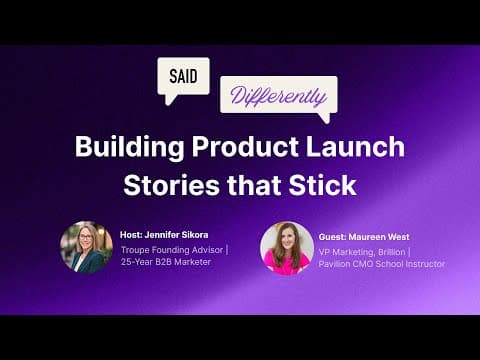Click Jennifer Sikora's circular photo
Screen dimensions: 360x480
[x=86, y=247]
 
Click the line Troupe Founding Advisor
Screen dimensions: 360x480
[x=172, y=249]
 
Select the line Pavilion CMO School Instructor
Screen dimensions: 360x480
[x=382, y=264]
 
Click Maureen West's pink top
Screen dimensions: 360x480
[x=287, y=268]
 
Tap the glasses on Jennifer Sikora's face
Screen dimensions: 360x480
[x=86, y=240]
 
